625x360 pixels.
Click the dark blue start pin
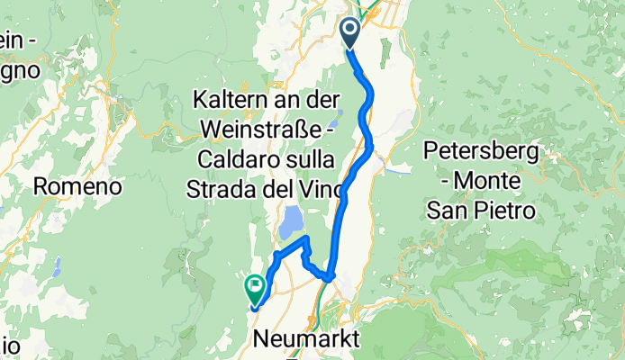coord(349,33)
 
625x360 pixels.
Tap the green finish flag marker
coord(253,289)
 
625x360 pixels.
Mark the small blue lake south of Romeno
coord(56,267)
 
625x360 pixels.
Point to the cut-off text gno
coord(18,67)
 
